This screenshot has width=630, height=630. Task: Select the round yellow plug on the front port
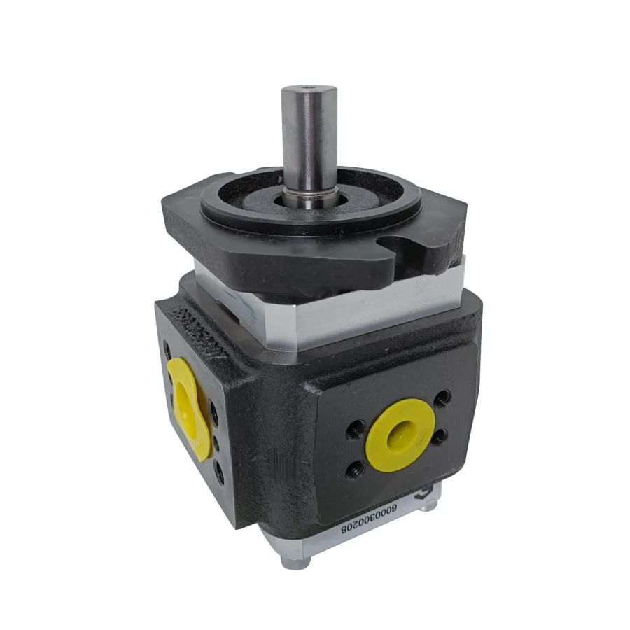(398, 428)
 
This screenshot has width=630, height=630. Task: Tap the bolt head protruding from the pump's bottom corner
(288, 560)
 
